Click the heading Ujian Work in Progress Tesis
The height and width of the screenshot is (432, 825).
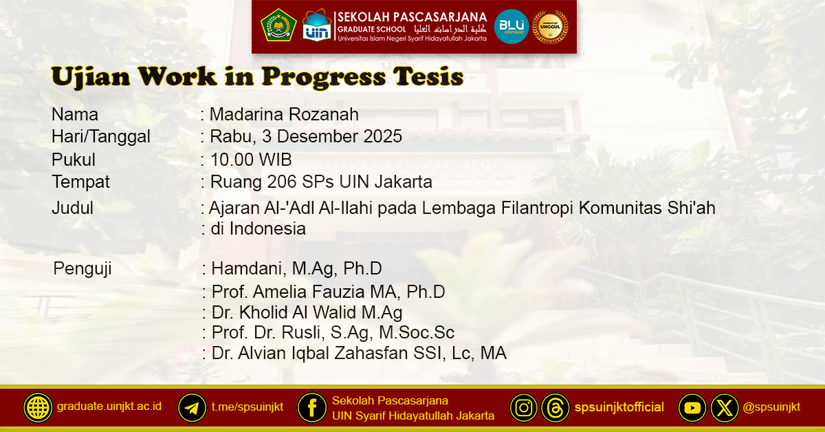point(257,77)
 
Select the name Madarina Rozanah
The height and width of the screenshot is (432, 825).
point(284,115)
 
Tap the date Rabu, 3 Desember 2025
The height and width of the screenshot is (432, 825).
point(306,137)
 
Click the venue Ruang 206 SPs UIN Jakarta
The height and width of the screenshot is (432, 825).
point(321,182)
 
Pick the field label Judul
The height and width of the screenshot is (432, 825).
point(72,208)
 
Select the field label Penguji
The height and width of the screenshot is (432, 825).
point(82,268)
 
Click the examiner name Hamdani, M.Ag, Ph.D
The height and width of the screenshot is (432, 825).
point(296,268)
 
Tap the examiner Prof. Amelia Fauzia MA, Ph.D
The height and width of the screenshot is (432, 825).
point(328,292)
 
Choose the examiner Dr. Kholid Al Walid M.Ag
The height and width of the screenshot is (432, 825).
point(307,312)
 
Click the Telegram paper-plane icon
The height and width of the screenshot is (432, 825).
point(192,407)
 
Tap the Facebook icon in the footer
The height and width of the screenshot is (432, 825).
point(311,407)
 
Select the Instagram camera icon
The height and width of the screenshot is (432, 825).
point(523,407)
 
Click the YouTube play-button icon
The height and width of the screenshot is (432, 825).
point(692,407)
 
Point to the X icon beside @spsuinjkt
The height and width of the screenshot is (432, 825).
point(724,407)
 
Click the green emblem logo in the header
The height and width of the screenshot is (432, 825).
point(278,25)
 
